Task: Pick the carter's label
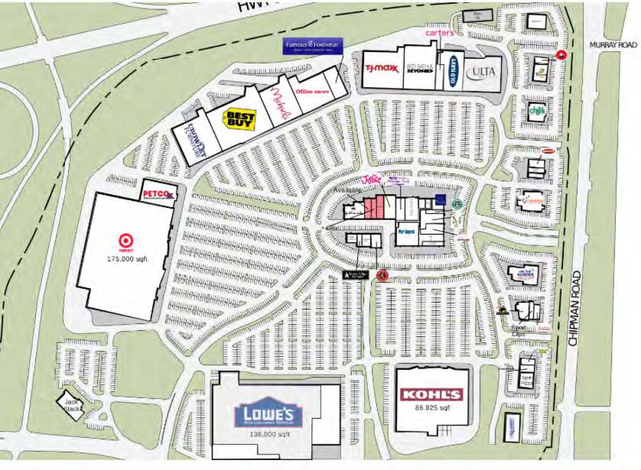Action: coord(439,33)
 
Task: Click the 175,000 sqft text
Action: coord(127,259)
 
